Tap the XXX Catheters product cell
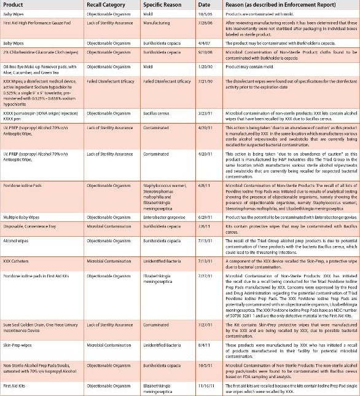click(x=18, y=260)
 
